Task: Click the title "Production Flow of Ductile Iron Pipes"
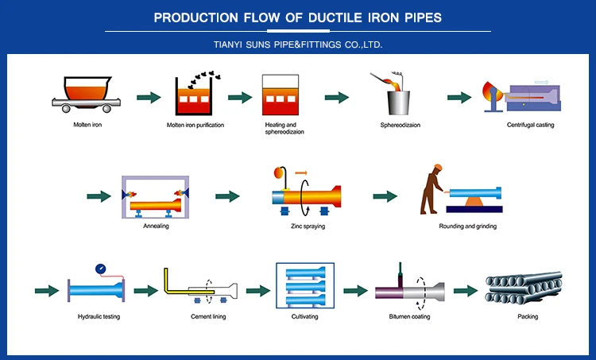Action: click(x=298, y=17)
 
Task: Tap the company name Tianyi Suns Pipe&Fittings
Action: click(x=298, y=45)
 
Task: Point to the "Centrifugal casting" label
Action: click(x=530, y=125)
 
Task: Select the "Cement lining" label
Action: click(x=206, y=316)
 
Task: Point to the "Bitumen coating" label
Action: click(x=409, y=316)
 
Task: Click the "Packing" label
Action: click(x=528, y=316)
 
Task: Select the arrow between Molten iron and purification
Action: click(x=149, y=97)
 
